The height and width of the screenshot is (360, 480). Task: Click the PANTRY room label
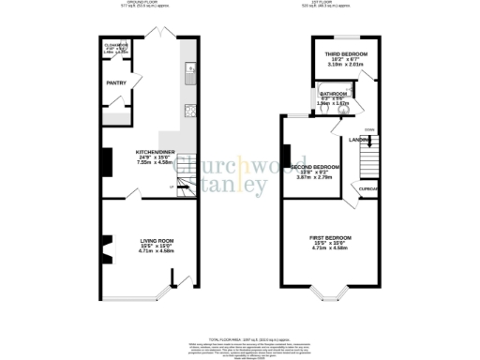pyautogui.click(x=117, y=82)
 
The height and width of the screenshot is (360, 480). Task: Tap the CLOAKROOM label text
pyautogui.click(x=115, y=45)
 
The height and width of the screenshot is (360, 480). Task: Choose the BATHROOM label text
pyautogui.click(x=334, y=94)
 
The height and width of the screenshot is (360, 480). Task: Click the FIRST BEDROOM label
pyautogui.click(x=331, y=238)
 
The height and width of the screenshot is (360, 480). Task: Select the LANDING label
pyautogui.click(x=361, y=142)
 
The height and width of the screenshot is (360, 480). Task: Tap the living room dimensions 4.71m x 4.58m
pyautogui.click(x=152, y=251)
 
